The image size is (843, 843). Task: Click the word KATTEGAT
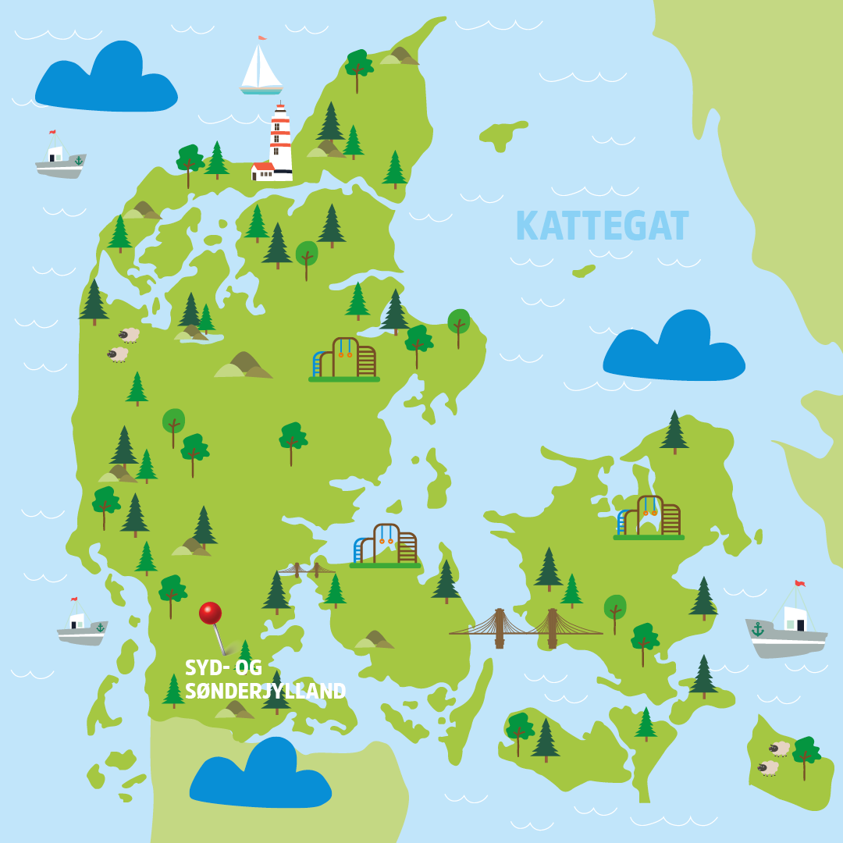pos(602,226)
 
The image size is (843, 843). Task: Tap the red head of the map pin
pos(210,613)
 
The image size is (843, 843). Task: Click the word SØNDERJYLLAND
pos(265,692)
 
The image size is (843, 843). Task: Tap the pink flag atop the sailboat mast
pos(262,37)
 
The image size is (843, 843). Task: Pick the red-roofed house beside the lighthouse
pos(262,170)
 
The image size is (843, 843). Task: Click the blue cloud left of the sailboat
pos(106,79)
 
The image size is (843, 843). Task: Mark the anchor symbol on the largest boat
pos(757,629)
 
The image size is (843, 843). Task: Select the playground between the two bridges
pos(385,545)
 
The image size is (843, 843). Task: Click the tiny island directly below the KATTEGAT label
pos(584,271)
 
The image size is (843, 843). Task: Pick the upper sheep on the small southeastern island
pos(779,749)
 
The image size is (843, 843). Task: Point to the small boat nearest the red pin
pos(81,625)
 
